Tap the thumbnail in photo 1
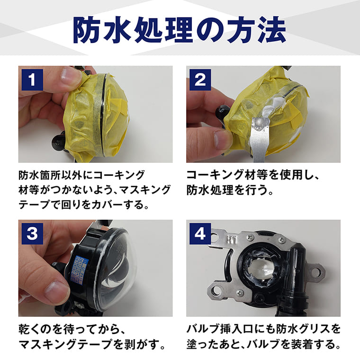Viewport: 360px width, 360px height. click(x=70, y=76)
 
